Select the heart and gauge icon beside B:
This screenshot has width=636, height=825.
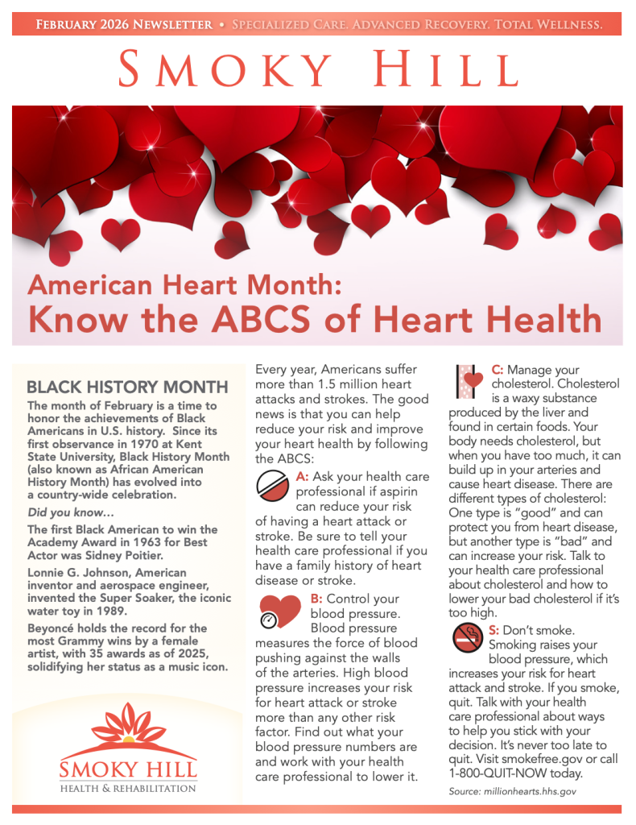click(278, 610)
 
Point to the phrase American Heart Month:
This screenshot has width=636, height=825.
click(187, 284)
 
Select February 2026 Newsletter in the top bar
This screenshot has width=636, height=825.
click(124, 25)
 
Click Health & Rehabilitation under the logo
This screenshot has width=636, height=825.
click(127, 787)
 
